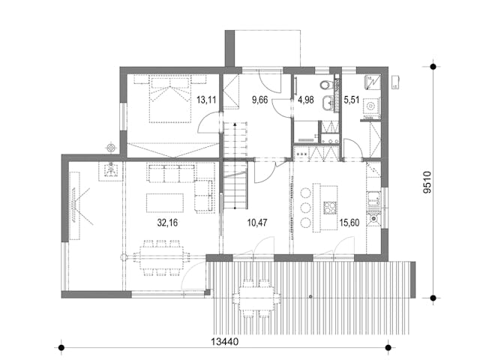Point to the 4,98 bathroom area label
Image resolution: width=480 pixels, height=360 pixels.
[x=307, y=97]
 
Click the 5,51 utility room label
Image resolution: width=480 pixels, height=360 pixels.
[x=352, y=97]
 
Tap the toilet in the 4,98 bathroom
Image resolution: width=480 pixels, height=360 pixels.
[x=323, y=84]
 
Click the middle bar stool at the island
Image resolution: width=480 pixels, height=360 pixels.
[x=305, y=207]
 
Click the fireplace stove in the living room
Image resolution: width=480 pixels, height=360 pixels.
[x=111, y=170]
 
